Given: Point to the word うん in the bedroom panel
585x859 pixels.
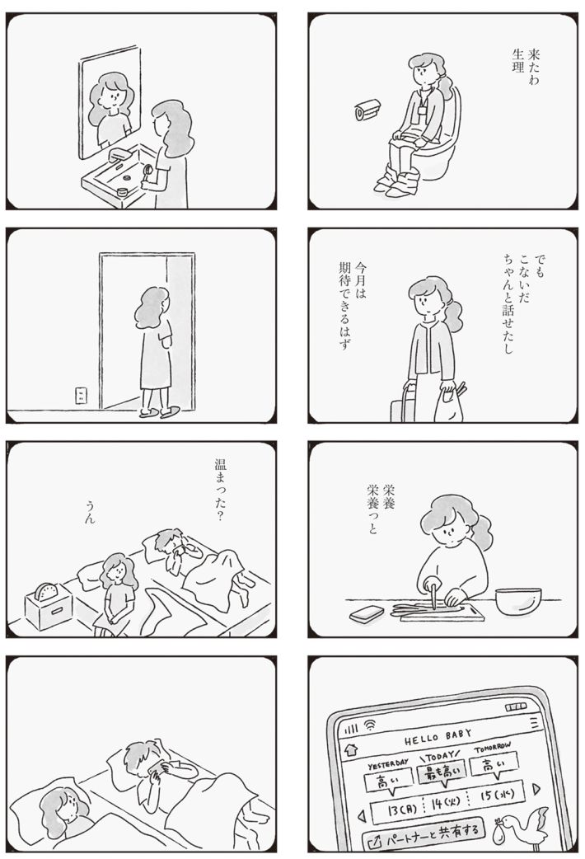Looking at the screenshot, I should click(91, 516).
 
